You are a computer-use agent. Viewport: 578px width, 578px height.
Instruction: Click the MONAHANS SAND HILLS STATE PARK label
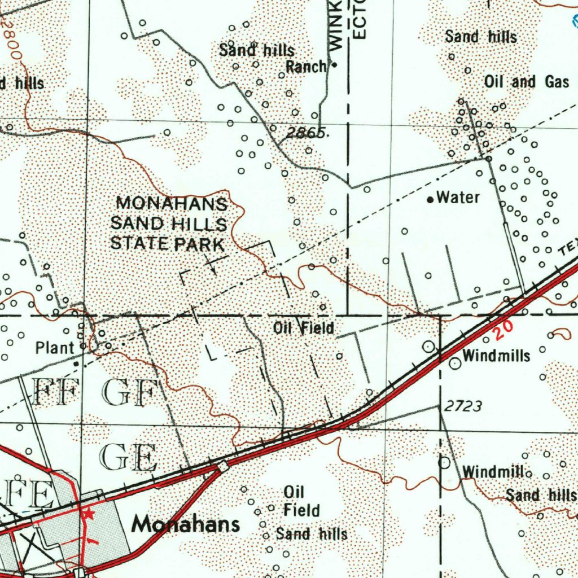[x=169, y=224]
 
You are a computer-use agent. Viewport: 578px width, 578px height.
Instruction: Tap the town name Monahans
[x=186, y=525]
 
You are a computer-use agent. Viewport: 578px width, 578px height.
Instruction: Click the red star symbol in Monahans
[x=87, y=514]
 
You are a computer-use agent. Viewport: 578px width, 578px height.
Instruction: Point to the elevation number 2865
[x=305, y=133]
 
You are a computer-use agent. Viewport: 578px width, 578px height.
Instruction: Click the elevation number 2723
[x=463, y=406]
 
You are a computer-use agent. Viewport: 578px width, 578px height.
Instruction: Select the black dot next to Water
[x=430, y=199]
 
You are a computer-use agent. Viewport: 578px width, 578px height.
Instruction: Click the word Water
[x=458, y=198]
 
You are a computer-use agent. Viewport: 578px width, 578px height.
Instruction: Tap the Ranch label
[x=306, y=67]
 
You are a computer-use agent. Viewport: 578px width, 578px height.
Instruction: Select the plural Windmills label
[x=496, y=356]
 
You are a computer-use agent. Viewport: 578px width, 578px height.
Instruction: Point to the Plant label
[x=55, y=348]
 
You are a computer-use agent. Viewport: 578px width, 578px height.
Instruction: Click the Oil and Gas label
[x=526, y=82]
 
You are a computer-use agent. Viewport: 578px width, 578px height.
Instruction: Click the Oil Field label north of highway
[x=304, y=327]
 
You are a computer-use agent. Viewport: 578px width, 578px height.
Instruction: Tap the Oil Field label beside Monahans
[x=301, y=501]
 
